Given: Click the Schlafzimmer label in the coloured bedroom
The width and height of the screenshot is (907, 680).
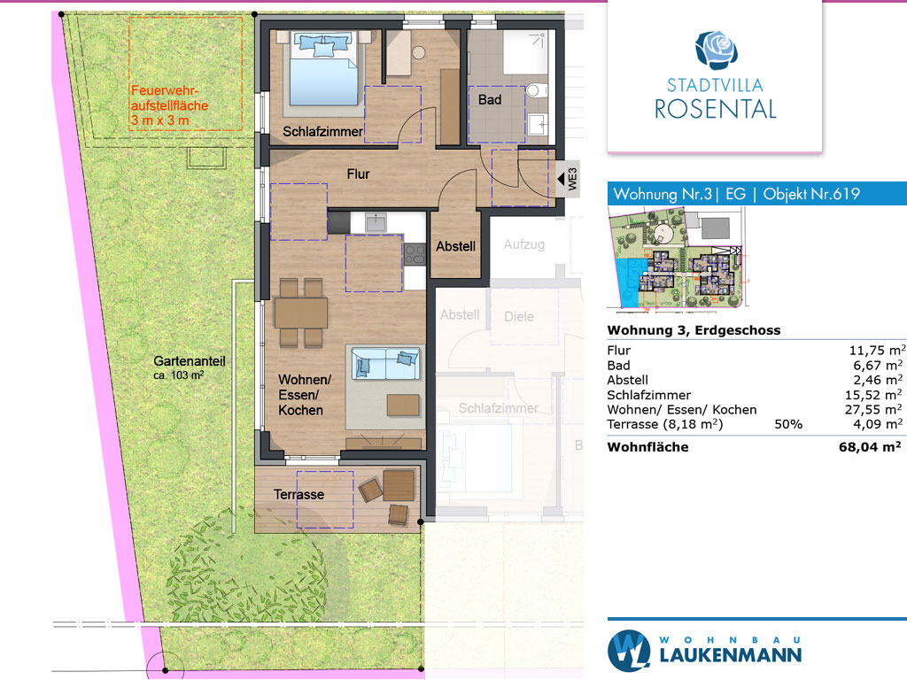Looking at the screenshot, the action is pos(322,132).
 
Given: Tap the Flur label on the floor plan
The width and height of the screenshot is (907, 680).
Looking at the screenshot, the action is pos(358,174).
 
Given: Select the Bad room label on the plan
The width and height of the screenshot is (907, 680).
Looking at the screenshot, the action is pos(489,100).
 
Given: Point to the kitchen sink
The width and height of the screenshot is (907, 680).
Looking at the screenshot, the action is pos(376,222).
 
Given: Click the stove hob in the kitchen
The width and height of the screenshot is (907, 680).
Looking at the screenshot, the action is pos(415,254).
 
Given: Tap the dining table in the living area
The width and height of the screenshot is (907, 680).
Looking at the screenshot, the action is pos(301,313).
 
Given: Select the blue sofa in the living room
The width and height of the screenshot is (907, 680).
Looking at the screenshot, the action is pos(386,362).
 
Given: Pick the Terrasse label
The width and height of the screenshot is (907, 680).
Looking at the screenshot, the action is pos(298,495).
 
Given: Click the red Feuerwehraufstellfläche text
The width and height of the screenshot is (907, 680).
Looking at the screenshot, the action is pos(169,106).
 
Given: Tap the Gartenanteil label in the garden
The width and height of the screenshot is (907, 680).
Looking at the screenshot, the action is pos(190,361).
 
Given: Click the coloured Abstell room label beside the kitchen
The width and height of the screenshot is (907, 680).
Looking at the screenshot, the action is pos(456,246).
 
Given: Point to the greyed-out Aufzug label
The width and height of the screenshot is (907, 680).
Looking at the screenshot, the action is pos(524,244).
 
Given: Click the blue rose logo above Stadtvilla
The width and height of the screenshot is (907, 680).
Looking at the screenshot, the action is pos(716,50).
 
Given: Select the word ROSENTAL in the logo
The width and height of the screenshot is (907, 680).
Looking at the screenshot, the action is pos(716,109).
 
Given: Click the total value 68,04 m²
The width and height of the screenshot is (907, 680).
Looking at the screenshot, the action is pos(870,447).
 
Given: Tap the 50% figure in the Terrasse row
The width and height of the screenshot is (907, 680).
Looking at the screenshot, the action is pos(788,424).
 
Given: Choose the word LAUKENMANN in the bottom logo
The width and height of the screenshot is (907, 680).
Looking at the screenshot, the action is pos(731,655).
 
